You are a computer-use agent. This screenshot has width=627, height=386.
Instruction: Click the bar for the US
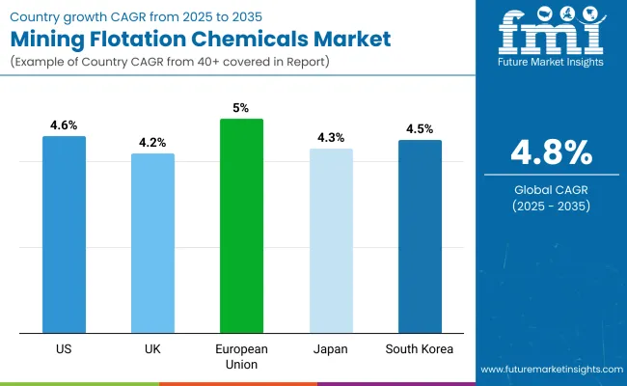(64, 234)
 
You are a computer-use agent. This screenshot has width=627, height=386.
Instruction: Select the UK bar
(152, 242)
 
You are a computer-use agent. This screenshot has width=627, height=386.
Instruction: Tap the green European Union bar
(241, 225)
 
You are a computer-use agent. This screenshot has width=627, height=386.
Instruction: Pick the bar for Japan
(331, 240)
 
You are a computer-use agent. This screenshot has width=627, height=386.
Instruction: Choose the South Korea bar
(420, 235)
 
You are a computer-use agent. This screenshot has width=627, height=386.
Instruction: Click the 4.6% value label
(64, 125)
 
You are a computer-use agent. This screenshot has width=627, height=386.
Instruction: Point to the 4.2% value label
(152, 143)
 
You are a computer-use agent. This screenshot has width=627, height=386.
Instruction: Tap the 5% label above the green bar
(241, 108)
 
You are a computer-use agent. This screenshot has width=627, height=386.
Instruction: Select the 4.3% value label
(331, 138)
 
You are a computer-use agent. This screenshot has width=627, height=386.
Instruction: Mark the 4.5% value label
(420, 129)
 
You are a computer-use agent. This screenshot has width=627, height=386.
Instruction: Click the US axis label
(64, 348)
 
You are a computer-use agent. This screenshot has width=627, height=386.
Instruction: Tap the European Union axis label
(241, 356)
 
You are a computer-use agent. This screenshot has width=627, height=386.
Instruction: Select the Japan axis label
(331, 348)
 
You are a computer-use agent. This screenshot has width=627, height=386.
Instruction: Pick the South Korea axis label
(420, 348)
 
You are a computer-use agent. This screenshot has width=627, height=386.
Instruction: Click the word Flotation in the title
(165, 40)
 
